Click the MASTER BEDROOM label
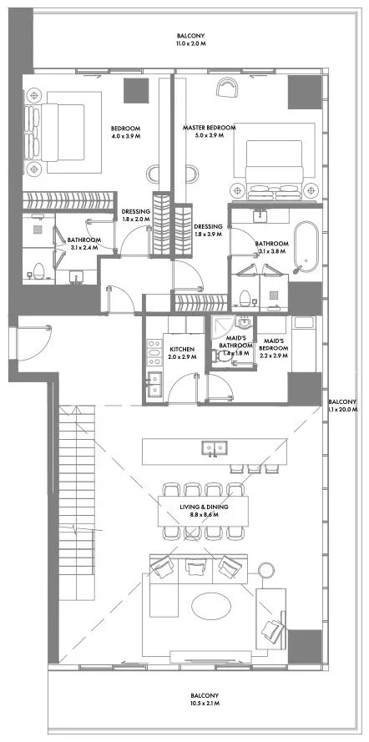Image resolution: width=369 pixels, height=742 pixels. point(209,128)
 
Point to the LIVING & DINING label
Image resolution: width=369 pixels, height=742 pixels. point(204,507)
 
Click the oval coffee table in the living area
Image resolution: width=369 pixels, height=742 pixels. point(211,606)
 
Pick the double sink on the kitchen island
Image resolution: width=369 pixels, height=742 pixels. point(215,447)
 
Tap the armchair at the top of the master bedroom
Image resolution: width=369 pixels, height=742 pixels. point(228,87)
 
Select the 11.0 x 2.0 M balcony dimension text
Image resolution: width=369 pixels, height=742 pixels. point(190,43)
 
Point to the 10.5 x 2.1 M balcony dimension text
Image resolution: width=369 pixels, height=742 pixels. point(205,704)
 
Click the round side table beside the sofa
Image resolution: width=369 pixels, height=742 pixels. point(266,570)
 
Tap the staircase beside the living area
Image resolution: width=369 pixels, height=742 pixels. point(77,502)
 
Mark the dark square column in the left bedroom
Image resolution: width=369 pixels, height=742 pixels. point(136,90)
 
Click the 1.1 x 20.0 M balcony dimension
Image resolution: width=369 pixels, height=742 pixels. point(342,409)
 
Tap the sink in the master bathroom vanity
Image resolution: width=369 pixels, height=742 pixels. point(260,216)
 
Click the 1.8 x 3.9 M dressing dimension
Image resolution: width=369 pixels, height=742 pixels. point(208,234)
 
